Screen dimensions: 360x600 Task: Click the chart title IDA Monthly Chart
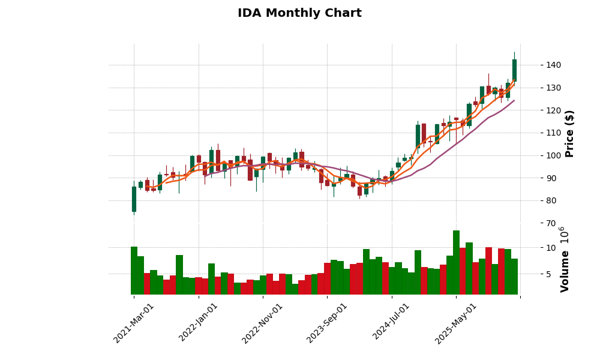[299, 13]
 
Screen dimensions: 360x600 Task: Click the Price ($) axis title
[570, 133]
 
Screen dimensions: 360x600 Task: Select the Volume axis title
[565, 259]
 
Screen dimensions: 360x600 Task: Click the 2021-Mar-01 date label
[134, 323]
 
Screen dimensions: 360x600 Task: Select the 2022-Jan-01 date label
[199, 323]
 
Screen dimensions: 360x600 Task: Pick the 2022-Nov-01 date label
[262, 323]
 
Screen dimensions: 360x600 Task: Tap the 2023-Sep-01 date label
[327, 323]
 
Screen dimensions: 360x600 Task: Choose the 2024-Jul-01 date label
[391, 323]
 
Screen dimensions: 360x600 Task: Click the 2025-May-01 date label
[456, 323]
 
